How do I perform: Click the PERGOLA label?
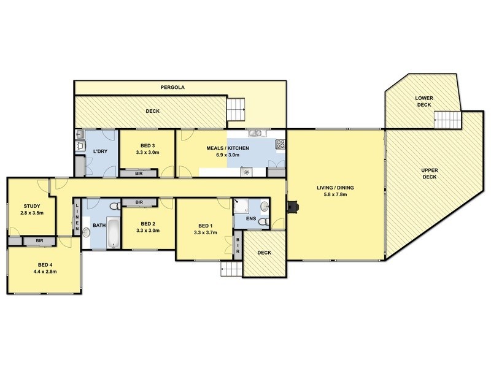coord(172,88)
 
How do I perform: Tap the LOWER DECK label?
coord(424,101)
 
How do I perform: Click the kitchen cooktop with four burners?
coord(280,145)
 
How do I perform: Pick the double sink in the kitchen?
coord(256,133)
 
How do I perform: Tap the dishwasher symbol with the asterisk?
coord(247,172)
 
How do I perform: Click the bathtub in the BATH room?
coord(112,233)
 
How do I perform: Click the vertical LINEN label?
coord(77,218)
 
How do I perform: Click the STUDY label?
coord(31,206)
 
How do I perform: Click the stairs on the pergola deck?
coord(236,110)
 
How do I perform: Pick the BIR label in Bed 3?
coord(140,174)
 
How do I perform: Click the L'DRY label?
coord(100,151)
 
